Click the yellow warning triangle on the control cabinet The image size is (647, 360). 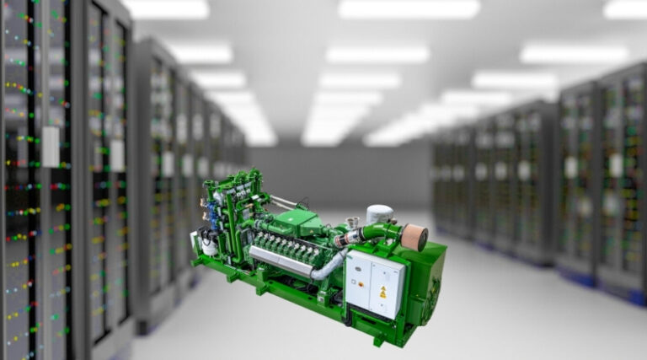click(383, 293)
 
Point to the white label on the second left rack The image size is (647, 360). click(117, 155)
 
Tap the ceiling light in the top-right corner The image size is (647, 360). click(624, 8)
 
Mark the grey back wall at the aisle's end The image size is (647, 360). click(354, 177)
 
